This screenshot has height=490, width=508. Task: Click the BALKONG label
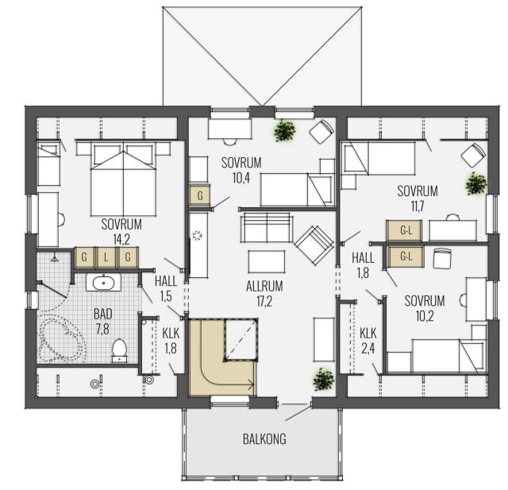pyautogui.click(x=264, y=439)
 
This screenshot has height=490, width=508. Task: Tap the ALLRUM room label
pyautogui.click(x=264, y=287)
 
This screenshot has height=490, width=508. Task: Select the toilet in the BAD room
pyautogui.click(x=119, y=350)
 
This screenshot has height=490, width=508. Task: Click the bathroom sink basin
pyautogui.click(x=104, y=283)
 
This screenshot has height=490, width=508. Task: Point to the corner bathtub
pyautogui.click(x=62, y=339)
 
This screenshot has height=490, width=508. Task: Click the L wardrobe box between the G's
pyautogui.click(x=106, y=257)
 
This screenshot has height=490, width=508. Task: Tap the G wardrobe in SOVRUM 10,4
pyautogui.click(x=199, y=195)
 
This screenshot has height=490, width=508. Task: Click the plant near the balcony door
pyautogui.click(x=324, y=379)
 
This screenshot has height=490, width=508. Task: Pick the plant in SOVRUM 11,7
pyautogui.click(x=476, y=183)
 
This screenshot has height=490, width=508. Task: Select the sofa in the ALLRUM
pyautogui.click(x=267, y=227)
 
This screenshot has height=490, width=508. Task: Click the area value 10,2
pyautogui.click(x=425, y=315)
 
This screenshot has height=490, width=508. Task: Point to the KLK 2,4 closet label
pyautogui.click(x=368, y=340)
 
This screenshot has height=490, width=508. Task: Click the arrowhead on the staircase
pyautogui.click(x=251, y=385)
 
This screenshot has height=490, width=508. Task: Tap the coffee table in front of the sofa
pyautogui.click(x=267, y=261)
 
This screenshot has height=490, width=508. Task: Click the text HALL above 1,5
pyautogui.click(x=166, y=281)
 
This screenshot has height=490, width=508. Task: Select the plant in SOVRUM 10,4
pyautogui.click(x=285, y=130)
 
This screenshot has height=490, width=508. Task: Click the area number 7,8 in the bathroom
pyautogui.click(x=102, y=329)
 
